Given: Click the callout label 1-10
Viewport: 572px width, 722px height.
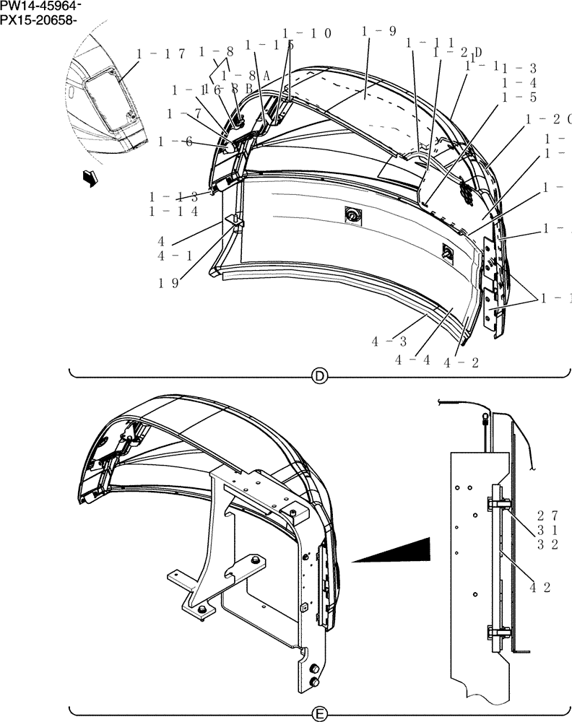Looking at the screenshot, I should (x=307, y=33).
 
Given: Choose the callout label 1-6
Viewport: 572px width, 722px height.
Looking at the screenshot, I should (x=179, y=142).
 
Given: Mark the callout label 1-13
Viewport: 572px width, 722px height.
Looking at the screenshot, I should (x=173, y=197).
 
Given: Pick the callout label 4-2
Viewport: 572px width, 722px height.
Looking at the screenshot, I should (x=461, y=362).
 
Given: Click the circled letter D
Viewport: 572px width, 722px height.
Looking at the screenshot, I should (x=318, y=375).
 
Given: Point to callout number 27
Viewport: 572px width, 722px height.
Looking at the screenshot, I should (x=547, y=516).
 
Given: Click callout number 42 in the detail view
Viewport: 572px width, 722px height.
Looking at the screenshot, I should (x=540, y=588).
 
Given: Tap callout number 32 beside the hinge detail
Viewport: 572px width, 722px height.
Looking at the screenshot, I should (x=547, y=545).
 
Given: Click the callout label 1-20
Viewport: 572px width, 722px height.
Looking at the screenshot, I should (x=548, y=118).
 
